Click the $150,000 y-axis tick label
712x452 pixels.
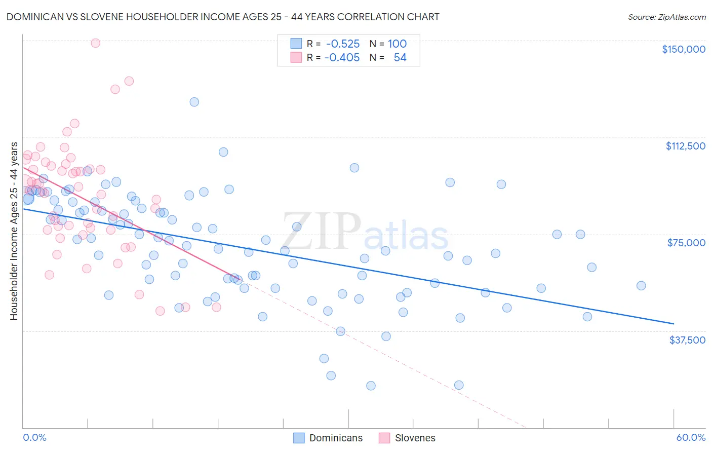683,49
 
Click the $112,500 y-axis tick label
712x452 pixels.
685,146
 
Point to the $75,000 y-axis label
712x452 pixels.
686,243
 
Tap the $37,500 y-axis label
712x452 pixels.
687,340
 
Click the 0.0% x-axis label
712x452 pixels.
34,437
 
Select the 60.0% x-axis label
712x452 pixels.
691,437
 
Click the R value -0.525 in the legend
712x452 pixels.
343,44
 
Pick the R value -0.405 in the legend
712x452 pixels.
342,57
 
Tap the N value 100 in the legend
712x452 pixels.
398,44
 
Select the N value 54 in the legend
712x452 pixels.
400,57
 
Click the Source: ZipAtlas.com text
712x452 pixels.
666,17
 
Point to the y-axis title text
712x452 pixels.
14,231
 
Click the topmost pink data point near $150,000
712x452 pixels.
95,43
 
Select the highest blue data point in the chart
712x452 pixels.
194,102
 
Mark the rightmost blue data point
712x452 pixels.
641,286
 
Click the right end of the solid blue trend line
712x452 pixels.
674,323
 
